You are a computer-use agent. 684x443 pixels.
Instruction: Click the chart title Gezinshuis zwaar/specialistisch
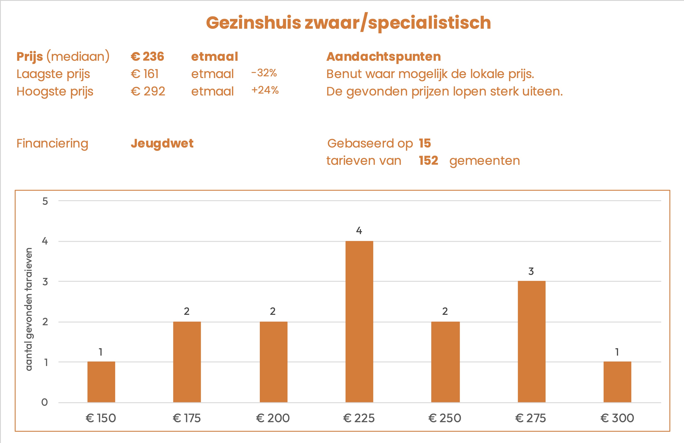tap(348, 23)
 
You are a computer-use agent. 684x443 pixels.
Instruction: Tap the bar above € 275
tap(531, 341)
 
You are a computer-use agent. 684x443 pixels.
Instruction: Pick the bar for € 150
tap(101, 382)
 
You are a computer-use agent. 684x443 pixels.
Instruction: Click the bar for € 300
tap(617, 382)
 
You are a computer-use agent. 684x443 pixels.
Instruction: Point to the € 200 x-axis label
tap(273, 418)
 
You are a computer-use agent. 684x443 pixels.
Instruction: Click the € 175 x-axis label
tap(187, 418)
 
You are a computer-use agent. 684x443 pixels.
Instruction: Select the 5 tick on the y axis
tap(45, 201)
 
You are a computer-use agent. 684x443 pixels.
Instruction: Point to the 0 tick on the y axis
tap(44, 402)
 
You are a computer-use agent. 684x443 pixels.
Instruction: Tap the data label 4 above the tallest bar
tap(359, 230)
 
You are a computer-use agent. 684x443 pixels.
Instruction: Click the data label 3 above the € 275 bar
tap(531, 271)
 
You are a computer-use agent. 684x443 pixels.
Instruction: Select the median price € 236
tap(147, 56)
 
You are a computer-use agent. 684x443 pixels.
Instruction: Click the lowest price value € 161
tap(144, 74)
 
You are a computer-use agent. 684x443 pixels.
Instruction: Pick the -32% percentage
tap(264, 73)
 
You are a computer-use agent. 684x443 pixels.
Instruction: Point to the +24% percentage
tap(265, 90)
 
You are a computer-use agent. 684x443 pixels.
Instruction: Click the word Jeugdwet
tap(162, 143)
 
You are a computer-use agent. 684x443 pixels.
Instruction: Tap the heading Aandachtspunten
tap(383, 56)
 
